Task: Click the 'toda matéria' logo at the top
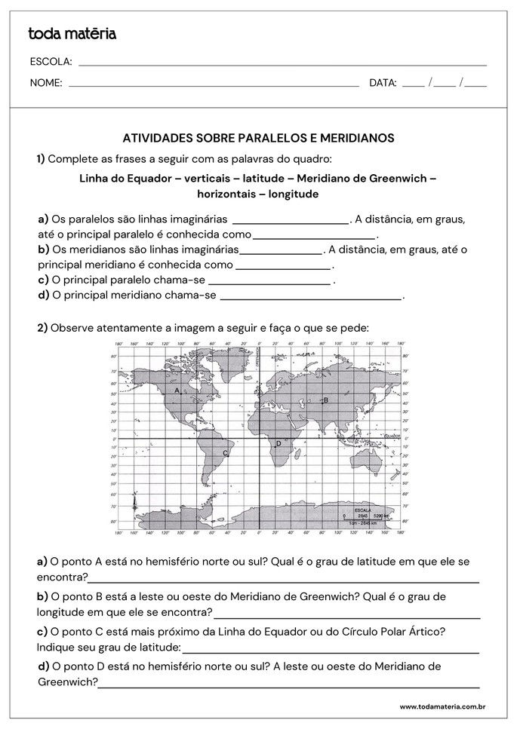click(72, 33)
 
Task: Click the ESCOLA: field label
click(51, 61)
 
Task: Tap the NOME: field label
click(46, 83)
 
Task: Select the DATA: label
click(383, 83)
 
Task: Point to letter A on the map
click(177, 391)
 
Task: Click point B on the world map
click(325, 400)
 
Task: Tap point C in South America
click(225, 452)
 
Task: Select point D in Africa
click(278, 443)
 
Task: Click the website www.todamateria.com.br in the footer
click(442, 706)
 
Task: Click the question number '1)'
click(41, 158)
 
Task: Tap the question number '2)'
click(42, 327)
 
